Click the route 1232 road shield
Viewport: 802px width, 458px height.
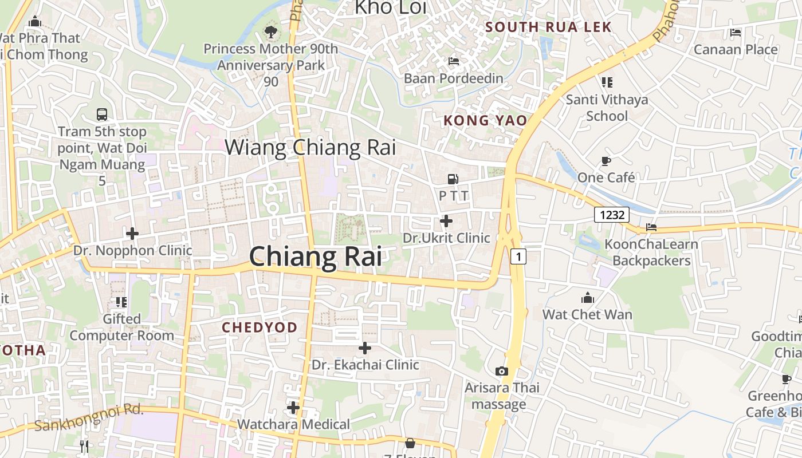pyautogui.click(x=612, y=215)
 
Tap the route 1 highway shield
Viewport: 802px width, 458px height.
pyautogui.click(x=518, y=256)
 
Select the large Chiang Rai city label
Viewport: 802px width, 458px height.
pyautogui.click(x=316, y=256)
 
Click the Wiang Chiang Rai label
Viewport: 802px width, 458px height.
pyautogui.click(x=310, y=147)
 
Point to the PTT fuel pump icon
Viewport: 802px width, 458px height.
pyautogui.click(x=453, y=179)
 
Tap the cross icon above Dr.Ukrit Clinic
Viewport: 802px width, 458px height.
pyautogui.click(x=446, y=221)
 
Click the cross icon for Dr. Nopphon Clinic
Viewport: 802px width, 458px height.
pyautogui.click(x=132, y=234)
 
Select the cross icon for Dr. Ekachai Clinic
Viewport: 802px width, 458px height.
pyautogui.click(x=365, y=348)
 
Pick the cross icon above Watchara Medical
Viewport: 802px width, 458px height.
pyautogui.click(x=293, y=408)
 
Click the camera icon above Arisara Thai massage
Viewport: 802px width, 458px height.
pyautogui.click(x=502, y=371)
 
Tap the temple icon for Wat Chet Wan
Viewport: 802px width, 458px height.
pyautogui.click(x=587, y=298)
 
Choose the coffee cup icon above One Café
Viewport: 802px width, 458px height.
pyautogui.click(x=606, y=161)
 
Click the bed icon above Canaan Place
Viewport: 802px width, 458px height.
pyautogui.click(x=736, y=33)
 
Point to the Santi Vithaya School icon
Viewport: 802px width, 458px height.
pyautogui.click(x=607, y=82)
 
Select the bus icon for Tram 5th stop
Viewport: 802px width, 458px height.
pyautogui.click(x=102, y=114)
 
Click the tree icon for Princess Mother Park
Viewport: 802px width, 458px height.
pyautogui.click(x=270, y=32)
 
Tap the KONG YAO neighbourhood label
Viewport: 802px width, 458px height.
pyautogui.click(x=485, y=120)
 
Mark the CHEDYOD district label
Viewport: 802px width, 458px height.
pyautogui.click(x=260, y=327)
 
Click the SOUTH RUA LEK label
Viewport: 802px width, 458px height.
pyautogui.click(x=548, y=27)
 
